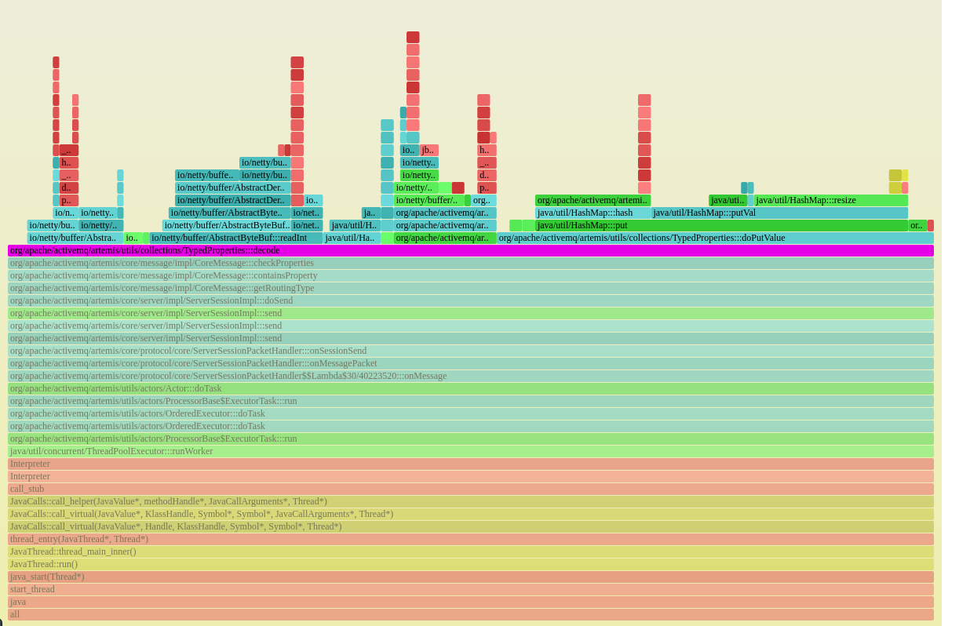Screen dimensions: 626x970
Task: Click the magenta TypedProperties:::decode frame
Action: (x=471, y=250)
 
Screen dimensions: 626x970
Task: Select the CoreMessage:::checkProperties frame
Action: (x=471, y=263)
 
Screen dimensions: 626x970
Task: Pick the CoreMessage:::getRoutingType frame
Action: (x=471, y=288)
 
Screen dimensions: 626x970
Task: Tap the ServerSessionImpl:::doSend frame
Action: (x=471, y=300)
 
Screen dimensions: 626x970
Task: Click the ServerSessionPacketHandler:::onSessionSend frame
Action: (x=471, y=351)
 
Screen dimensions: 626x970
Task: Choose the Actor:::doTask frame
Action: (x=471, y=388)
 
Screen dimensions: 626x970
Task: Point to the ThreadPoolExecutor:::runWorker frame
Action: (x=471, y=451)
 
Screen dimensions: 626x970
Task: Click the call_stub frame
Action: (x=471, y=489)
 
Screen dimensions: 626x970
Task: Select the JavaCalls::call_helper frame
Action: (x=471, y=501)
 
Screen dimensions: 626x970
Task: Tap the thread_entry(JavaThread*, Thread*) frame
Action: (x=471, y=539)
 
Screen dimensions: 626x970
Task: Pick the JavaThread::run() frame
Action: (x=471, y=564)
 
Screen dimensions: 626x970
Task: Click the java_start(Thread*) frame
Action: (x=471, y=577)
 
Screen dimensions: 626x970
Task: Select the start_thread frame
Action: (x=471, y=589)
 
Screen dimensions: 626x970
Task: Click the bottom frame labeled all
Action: (x=471, y=614)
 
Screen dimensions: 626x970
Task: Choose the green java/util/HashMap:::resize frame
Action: (x=830, y=200)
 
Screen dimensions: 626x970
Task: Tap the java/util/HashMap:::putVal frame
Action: (x=779, y=213)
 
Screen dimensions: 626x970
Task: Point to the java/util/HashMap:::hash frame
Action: (x=593, y=213)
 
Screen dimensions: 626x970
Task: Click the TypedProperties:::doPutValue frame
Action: (x=714, y=238)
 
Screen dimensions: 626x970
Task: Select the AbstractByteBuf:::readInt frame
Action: (x=235, y=238)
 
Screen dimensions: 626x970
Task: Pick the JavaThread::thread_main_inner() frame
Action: (x=471, y=551)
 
